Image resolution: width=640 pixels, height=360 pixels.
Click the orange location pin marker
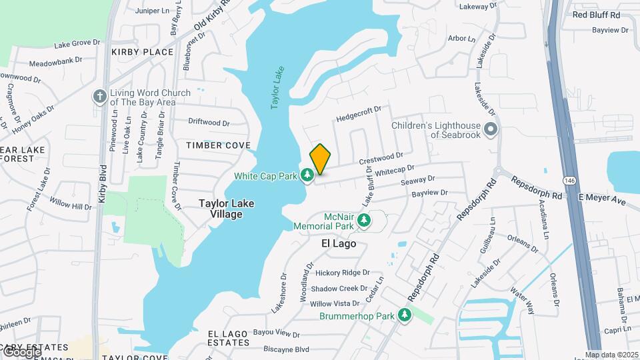[x=320, y=159]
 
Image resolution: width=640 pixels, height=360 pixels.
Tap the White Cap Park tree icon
[x=307, y=175]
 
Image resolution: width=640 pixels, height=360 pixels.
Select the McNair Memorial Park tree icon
[x=363, y=219]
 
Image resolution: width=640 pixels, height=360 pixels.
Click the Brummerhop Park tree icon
[x=403, y=315]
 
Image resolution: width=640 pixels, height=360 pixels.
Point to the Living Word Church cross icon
[x=100, y=97]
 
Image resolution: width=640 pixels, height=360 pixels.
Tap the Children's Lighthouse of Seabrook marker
[x=491, y=129]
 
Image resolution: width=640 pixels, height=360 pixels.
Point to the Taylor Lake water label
[x=277, y=87]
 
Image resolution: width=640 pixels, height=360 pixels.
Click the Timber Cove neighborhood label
[x=218, y=145]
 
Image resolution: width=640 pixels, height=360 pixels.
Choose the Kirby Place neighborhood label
[x=142, y=52]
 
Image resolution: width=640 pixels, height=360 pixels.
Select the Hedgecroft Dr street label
[x=359, y=113]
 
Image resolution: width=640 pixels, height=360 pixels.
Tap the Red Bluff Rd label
[x=596, y=15]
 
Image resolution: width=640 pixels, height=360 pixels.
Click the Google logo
[x=21, y=351]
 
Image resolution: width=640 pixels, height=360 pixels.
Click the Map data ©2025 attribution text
[x=611, y=355]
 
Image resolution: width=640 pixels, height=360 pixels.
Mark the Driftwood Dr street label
[x=209, y=123]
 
